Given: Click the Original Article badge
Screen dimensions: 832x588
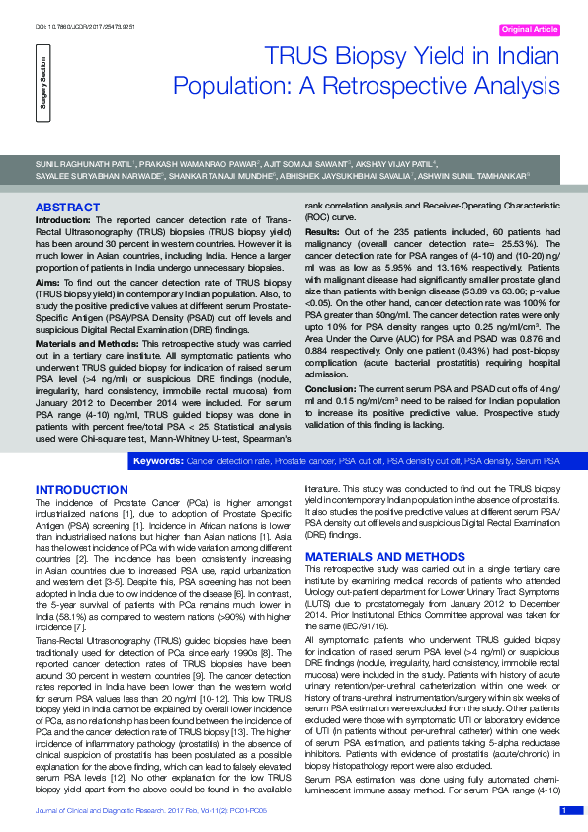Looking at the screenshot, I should (x=530, y=30).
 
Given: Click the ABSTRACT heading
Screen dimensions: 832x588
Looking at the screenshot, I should (x=67, y=208).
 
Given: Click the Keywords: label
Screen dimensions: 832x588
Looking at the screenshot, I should (x=158, y=461).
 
